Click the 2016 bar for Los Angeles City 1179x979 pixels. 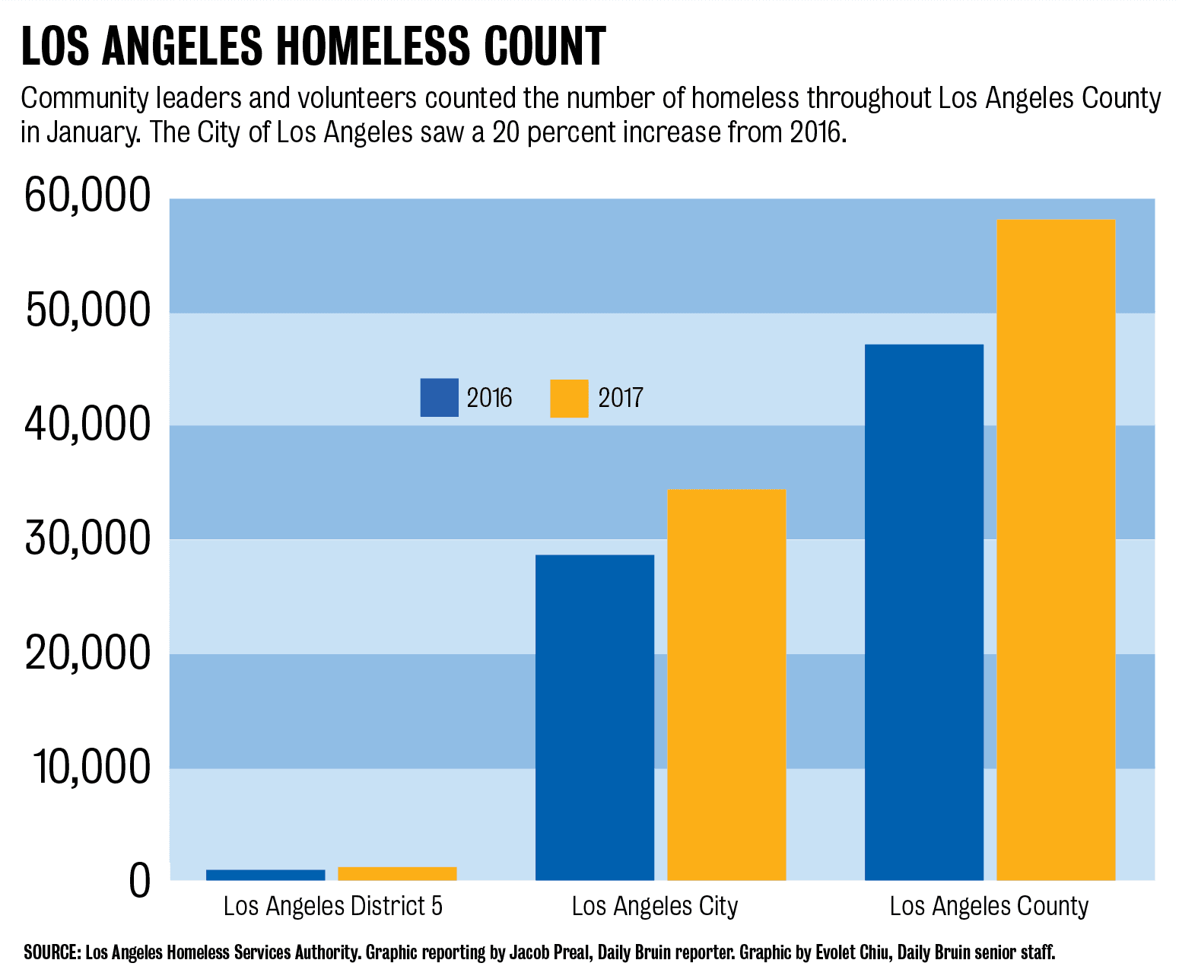tap(595, 717)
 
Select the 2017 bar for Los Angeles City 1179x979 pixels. tap(726, 685)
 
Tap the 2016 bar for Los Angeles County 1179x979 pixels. tap(924, 612)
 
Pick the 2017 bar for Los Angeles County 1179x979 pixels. tap(1056, 550)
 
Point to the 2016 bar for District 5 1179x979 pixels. tap(265, 875)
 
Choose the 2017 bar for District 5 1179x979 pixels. tap(397, 873)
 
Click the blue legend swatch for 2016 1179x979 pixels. tap(439, 398)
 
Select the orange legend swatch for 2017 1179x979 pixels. tap(569, 399)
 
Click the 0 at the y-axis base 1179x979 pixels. tap(139, 881)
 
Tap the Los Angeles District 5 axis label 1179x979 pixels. tap(332, 907)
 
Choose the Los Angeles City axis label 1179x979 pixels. tap(655, 907)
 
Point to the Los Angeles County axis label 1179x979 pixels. tap(989, 907)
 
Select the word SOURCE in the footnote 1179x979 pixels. tap(52, 952)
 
